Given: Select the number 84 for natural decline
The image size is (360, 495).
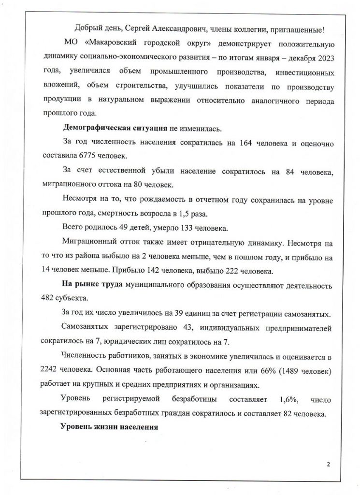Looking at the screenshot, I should click(x=286, y=171).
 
